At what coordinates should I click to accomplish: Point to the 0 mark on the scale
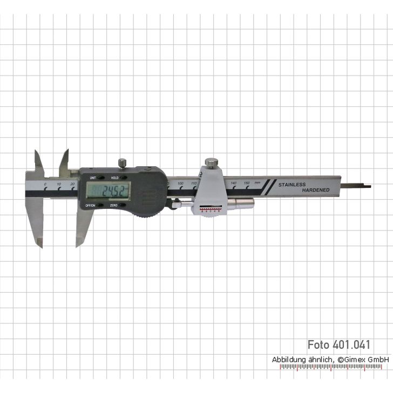45,185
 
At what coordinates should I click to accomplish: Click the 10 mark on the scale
59,185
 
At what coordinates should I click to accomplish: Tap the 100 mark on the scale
180,184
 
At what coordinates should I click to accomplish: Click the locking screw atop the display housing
123,162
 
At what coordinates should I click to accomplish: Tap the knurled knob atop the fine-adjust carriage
211,162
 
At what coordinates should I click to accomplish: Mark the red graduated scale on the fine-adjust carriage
209,209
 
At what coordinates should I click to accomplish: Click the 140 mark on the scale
234,184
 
